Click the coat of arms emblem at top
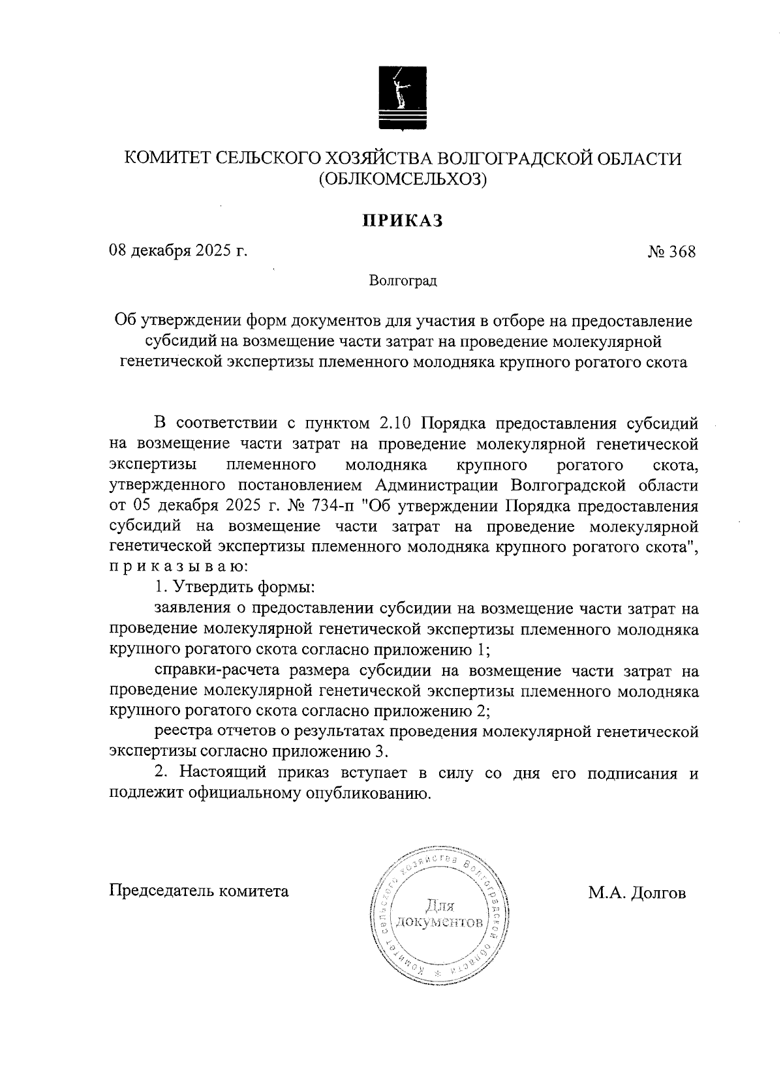pyautogui.click(x=403, y=97)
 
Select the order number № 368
pyautogui.click(x=672, y=252)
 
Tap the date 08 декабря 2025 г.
pyautogui.click(x=178, y=251)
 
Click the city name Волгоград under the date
pyautogui.click(x=403, y=281)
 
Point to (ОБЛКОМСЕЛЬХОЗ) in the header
pyautogui.click(x=403, y=179)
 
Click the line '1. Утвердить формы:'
pyautogui.click(x=235, y=587)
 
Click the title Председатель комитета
pyautogui.click(x=198, y=891)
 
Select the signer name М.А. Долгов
pyautogui.click(x=637, y=893)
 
